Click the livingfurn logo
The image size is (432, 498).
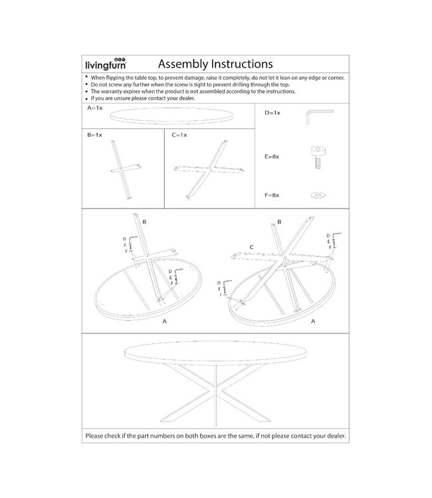click(106, 64)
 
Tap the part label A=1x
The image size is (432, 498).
click(94, 107)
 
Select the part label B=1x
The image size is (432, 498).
click(94, 135)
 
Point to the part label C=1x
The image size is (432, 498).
click(179, 135)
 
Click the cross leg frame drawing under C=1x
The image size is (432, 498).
click(208, 170)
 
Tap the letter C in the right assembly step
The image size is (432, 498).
click(252, 247)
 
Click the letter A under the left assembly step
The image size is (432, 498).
click(164, 320)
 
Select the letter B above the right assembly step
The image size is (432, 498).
click(279, 221)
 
